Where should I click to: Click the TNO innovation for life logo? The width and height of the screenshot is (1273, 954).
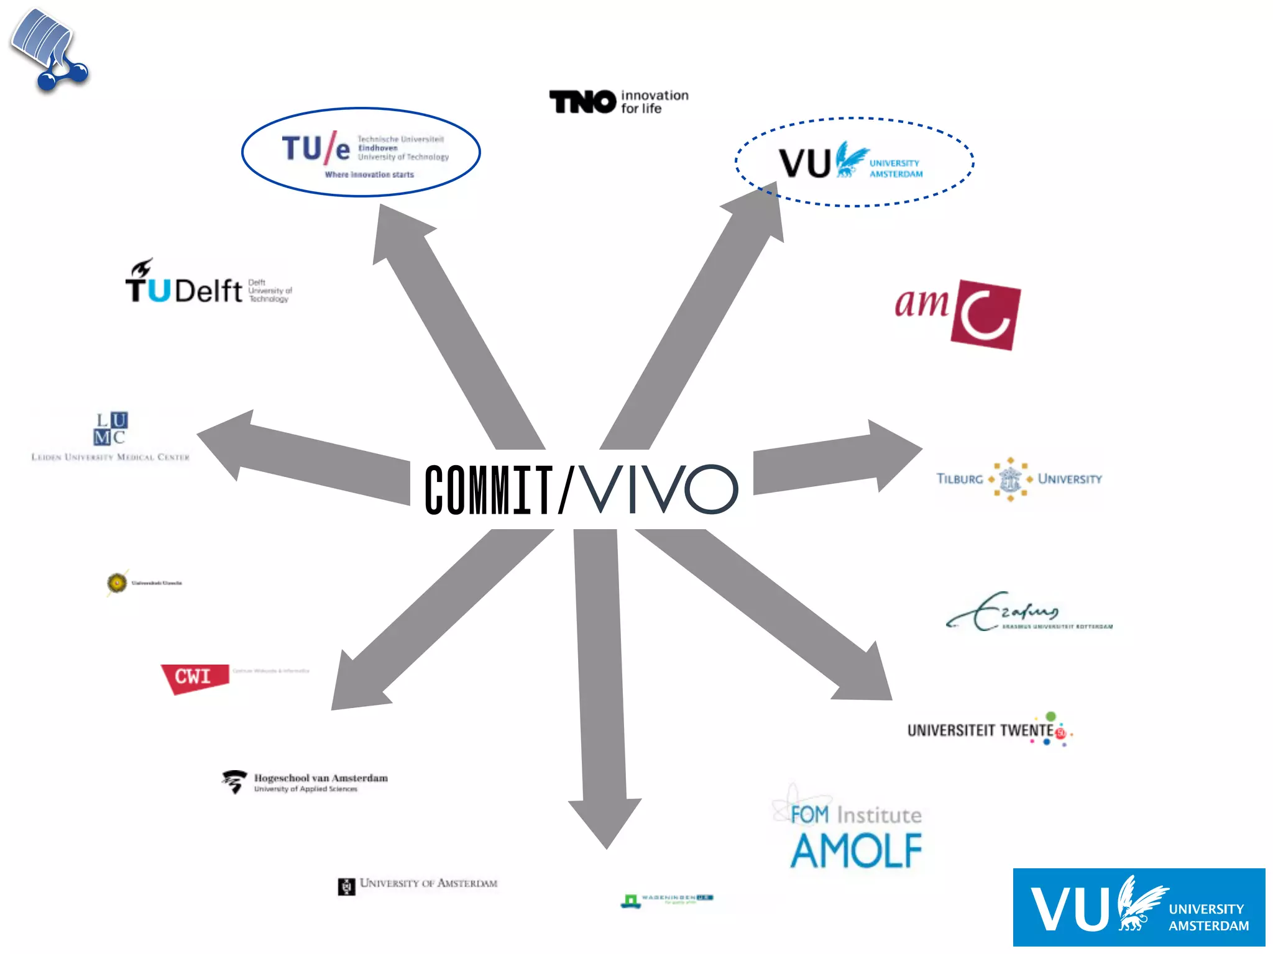618,102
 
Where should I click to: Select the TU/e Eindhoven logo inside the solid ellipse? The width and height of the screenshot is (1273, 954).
364,153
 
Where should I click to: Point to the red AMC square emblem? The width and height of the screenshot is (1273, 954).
985,316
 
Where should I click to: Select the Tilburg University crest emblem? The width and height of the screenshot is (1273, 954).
1009,479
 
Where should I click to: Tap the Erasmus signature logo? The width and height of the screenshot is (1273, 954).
1019,612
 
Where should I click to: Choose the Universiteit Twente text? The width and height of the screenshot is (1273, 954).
980,730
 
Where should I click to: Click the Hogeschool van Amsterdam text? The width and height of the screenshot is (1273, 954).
320,779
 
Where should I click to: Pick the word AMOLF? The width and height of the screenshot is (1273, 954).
856,851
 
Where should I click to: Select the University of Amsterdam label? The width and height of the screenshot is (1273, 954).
428,884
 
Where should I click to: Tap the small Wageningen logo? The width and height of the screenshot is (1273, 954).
667,900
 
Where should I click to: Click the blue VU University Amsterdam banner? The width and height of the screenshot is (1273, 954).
1139,907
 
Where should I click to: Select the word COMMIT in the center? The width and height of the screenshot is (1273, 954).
489,489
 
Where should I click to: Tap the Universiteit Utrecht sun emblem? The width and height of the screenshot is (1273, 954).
117,583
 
